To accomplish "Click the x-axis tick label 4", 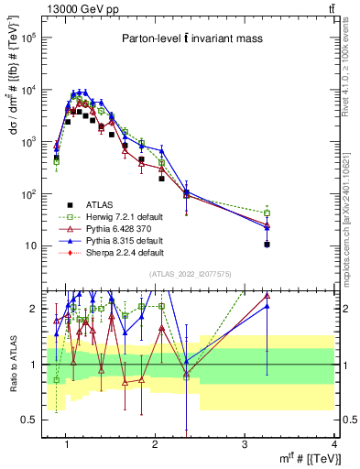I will coord(333,444).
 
